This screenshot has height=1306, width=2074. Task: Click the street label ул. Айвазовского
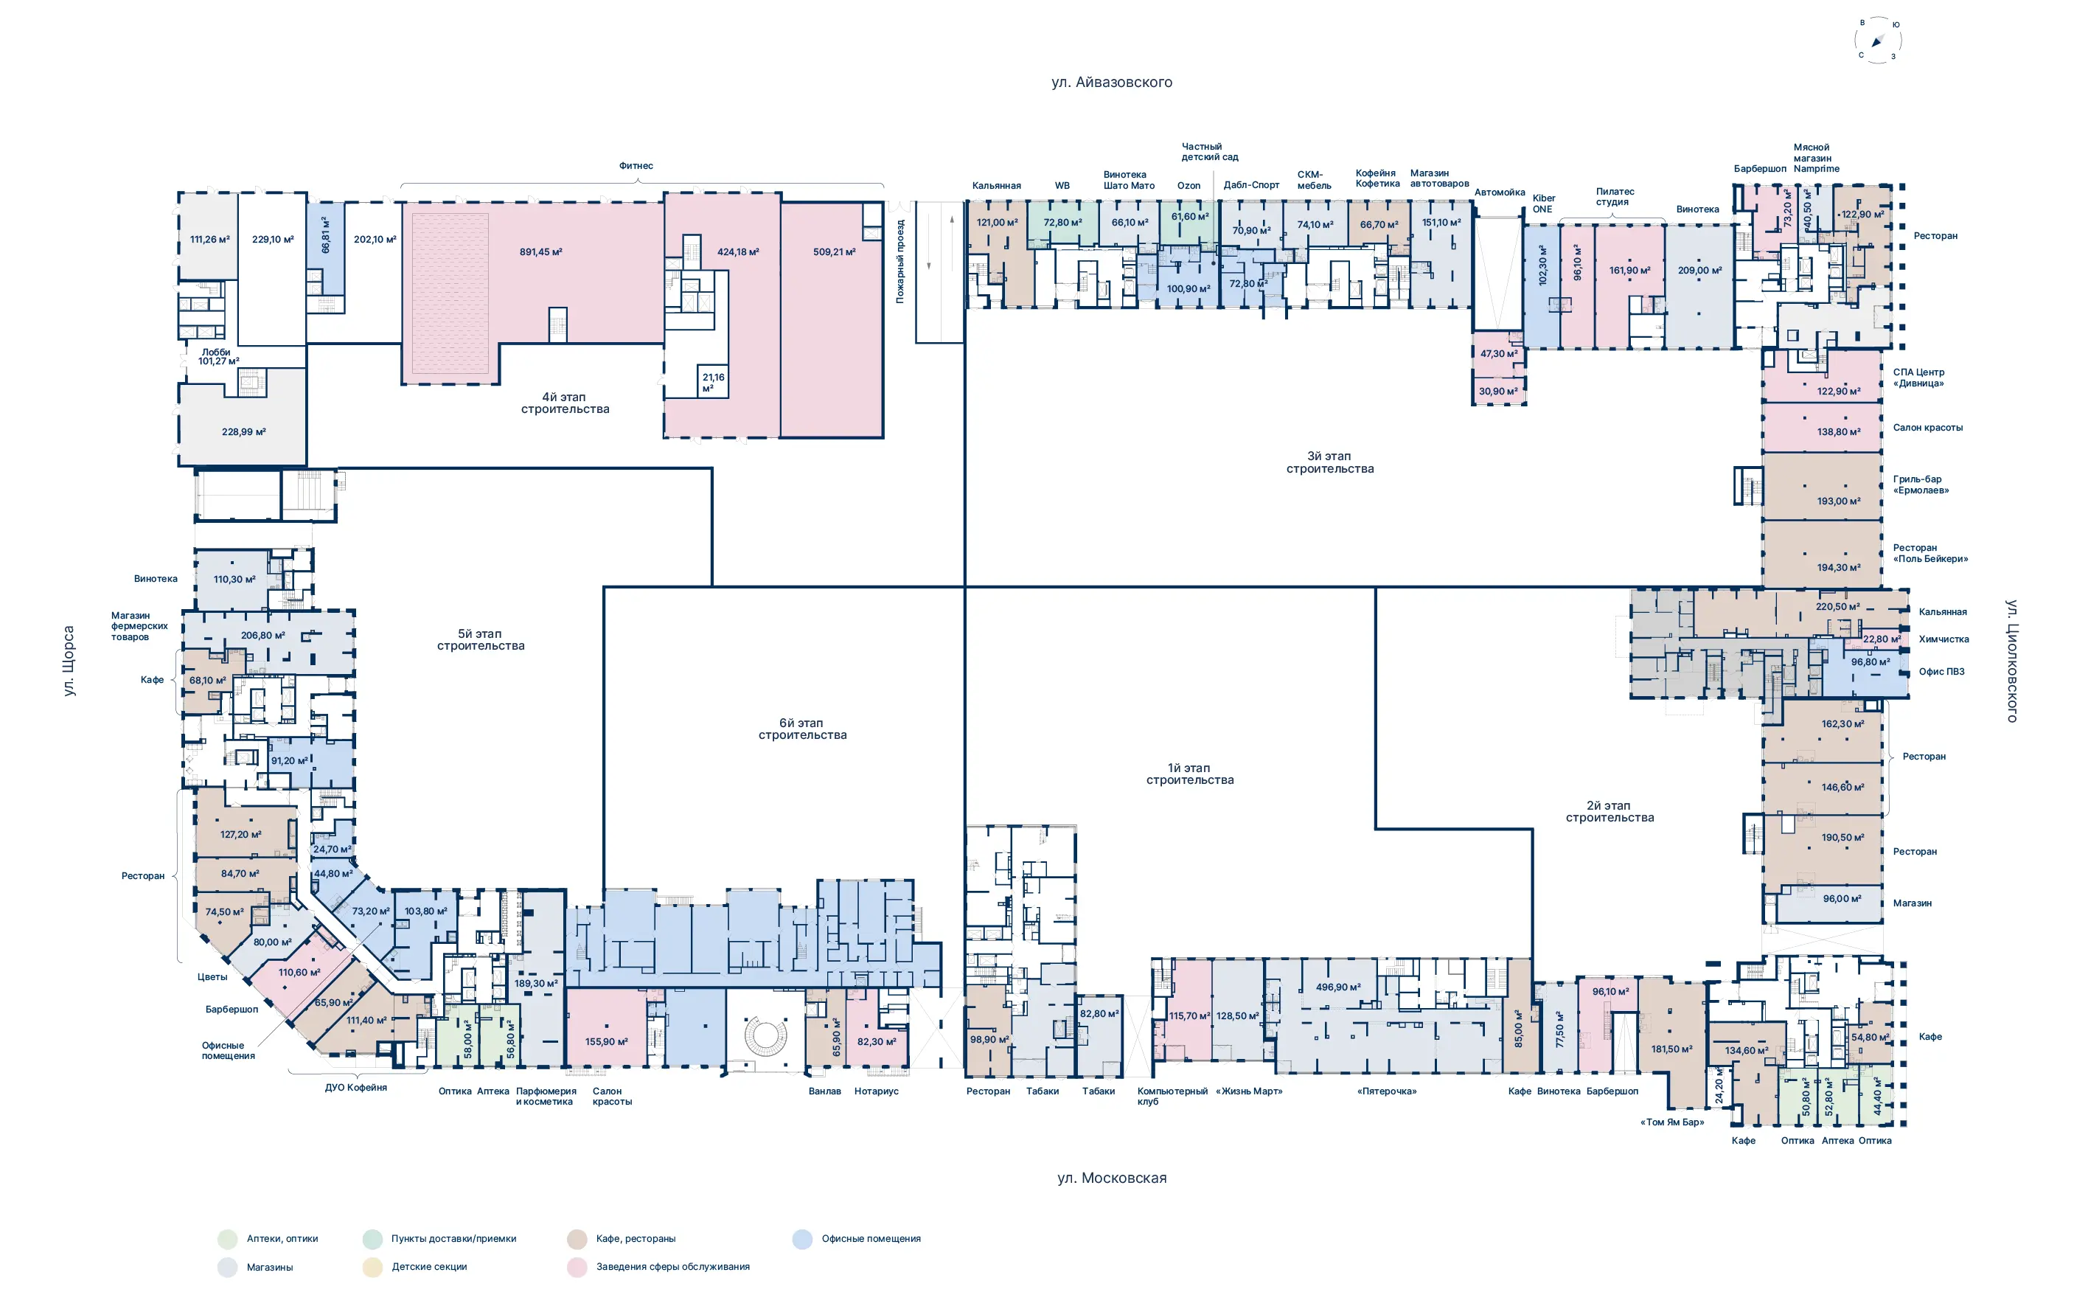point(1111,82)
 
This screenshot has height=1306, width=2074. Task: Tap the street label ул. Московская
point(1112,1178)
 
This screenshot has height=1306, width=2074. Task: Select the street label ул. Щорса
point(69,661)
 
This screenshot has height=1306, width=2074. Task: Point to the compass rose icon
point(1878,40)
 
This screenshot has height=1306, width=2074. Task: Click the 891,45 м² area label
point(540,251)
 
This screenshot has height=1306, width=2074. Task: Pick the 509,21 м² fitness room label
point(834,251)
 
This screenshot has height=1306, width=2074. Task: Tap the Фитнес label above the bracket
point(636,165)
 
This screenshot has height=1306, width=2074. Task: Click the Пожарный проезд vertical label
point(900,261)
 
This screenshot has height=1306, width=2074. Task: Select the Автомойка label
point(1500,192)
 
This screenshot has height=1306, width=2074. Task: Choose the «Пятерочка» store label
point(1387,1091)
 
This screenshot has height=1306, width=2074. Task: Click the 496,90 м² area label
point(1337,987)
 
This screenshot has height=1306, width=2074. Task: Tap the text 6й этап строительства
point(802,729)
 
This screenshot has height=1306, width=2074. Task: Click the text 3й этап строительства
point(1330,462)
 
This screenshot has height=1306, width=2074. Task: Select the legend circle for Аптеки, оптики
point(227,1239)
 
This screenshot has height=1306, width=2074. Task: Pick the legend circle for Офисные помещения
point(802,1239)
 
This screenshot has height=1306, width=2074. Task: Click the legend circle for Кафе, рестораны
point(577,1239)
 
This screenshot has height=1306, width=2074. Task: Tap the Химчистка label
point(1944,639)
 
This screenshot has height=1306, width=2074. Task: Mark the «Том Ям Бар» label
point(1671,1122)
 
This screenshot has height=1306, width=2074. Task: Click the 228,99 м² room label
point(244,431)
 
